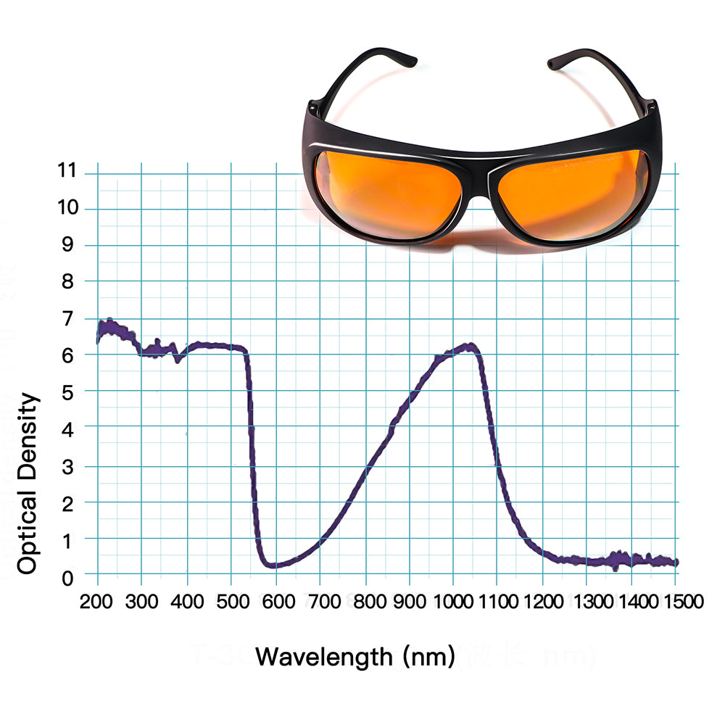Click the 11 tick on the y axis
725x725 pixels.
pyautogui.click(x=67, y=171)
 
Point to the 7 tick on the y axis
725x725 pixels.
pyautogui.click(x=67, y=318)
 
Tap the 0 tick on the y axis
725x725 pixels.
pyautogui.click(x=67, y=578)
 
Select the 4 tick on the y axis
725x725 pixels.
pyautogui.click(x=67, y=428)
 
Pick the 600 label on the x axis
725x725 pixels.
pyautogui.click(x=275, y=601)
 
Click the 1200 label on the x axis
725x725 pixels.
pyautogui.click(x=542, y=601)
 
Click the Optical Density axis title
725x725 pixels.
pyautogui.click(x=28, y=484)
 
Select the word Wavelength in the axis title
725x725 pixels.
pyautogui.click(x=323, y=657)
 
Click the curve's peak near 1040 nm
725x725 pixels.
pyautogui.click(x=469, y=346)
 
